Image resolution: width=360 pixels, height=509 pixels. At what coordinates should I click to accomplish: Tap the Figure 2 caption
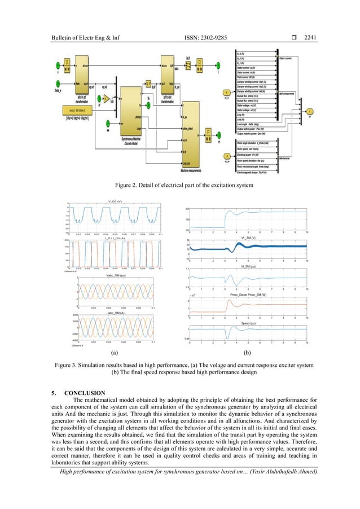[x=179, y=184]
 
